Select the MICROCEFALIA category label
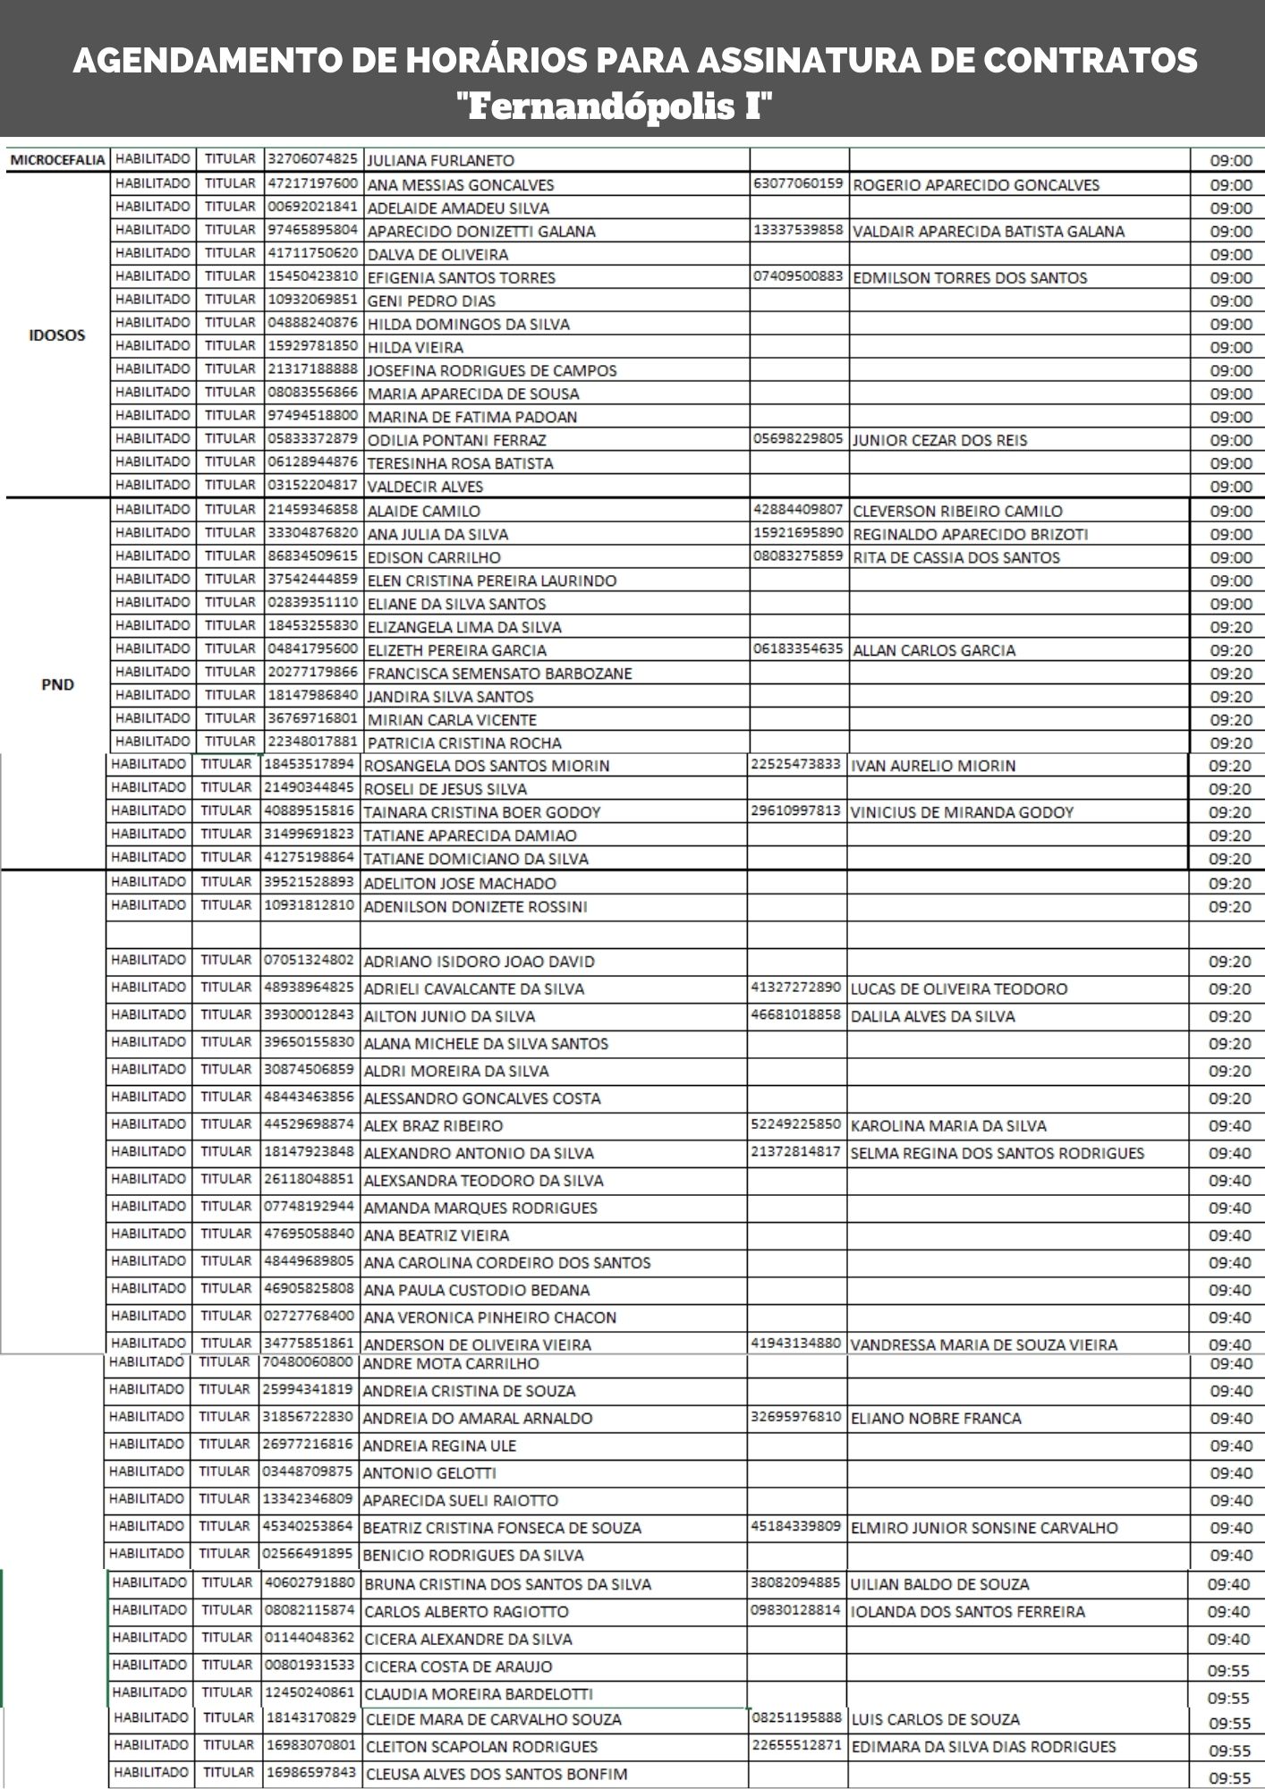tap(57, 161)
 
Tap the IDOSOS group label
tap(57, 335)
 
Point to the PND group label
tap(57, 685)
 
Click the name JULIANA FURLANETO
tap(441, 161)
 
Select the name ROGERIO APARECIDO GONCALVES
tap(976, 185)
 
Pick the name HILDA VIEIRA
tap(415, 347)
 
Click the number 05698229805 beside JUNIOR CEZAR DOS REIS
tap(798, 439)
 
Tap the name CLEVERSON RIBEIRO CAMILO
tap(957, 512)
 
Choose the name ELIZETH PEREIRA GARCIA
tap(456, 650)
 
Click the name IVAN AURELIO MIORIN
tap(932, 766)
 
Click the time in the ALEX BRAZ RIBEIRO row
tap(1229, 1126)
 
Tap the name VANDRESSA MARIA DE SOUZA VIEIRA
tap(983, 1344)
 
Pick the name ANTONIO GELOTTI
tap(429, 1472)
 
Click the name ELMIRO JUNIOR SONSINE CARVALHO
tap(984, 1528)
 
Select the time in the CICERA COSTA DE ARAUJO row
tap(1228, 1670)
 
